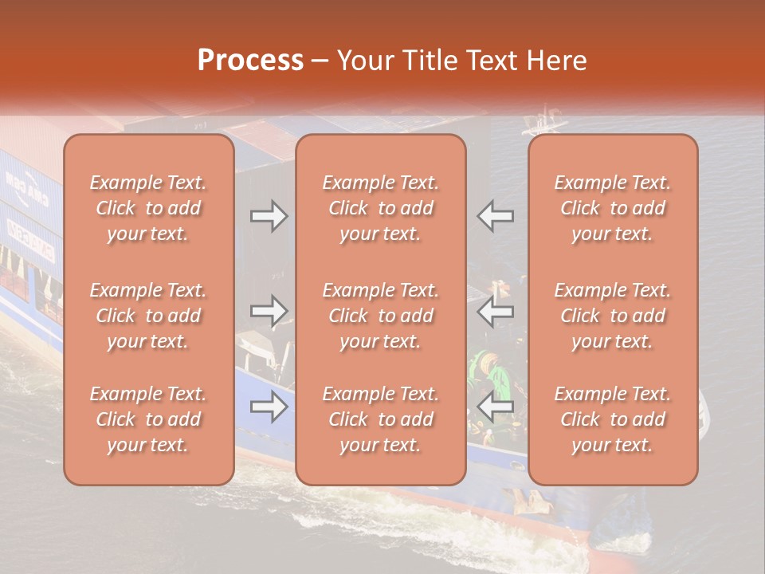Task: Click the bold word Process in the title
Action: (250, 60)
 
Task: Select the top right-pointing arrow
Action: (269, 216)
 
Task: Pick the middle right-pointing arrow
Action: (269, 312)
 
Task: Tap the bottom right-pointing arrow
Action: (269, 407)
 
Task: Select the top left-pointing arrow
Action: (496, 216)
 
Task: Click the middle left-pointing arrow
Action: (496, 312)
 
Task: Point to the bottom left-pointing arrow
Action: (496, 407)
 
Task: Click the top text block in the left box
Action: (148, 208)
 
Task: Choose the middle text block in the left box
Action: (148, 316)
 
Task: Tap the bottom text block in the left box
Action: (148, 419)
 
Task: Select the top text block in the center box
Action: (380, 208)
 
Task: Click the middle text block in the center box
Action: (380, 316)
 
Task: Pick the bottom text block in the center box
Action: (380, 419)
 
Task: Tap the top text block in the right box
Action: (613, 208)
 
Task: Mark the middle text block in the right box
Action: (613, 316)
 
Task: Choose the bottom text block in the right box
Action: (613, 419)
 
